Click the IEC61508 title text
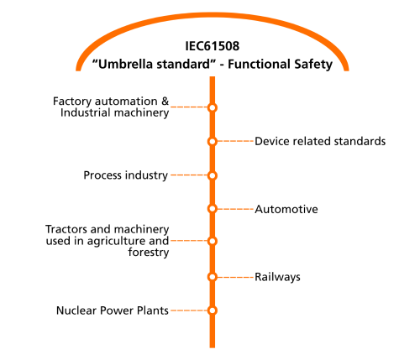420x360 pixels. pos(213,46)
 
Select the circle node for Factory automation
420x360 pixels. pos(213,107)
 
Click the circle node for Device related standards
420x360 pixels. pos(213,142)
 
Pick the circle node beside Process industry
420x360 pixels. pos(213,175)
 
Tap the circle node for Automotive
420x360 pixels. pos(213,209)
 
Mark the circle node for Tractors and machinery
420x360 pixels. pos(213,241)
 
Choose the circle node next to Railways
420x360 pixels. pos(213,277)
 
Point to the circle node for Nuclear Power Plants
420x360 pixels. pos(213,310)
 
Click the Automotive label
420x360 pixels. pos(286,209)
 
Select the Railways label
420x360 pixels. pos(277,278)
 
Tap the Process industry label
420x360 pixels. pos(126,175)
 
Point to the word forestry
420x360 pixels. pos(149,253)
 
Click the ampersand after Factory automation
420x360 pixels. pos(165,102)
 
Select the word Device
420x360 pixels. pos(272,141)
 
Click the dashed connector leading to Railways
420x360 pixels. pos(235,277)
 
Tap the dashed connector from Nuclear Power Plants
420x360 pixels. pos(189,310)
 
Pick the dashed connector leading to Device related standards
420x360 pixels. pos(235,141)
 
